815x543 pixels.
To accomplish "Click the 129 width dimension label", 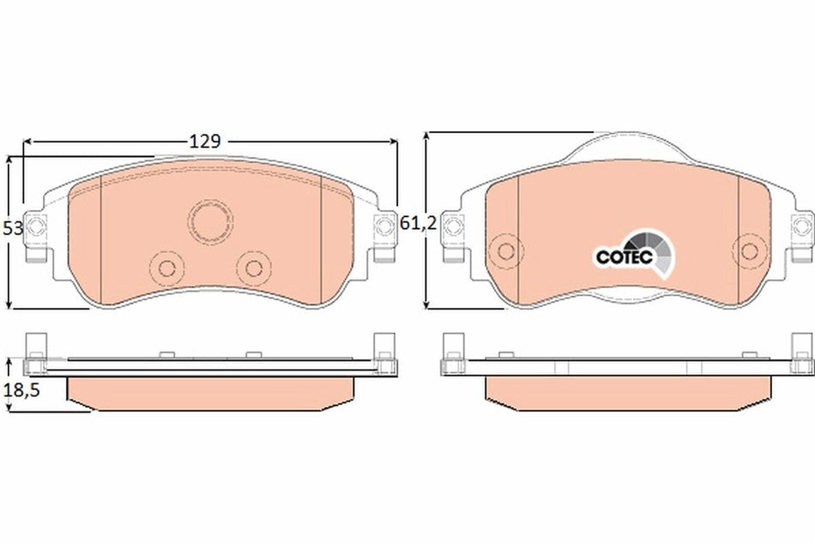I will coord(205,141).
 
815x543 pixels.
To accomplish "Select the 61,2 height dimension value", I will coord(419,224).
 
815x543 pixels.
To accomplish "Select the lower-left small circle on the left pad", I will coord(162,266).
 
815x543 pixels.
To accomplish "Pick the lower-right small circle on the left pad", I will coord(253,266).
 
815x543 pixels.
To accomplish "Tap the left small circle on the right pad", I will coord(506,250).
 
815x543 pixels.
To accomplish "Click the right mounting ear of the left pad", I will coord(383,228).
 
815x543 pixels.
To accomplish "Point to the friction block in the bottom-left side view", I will coord(208,390).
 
